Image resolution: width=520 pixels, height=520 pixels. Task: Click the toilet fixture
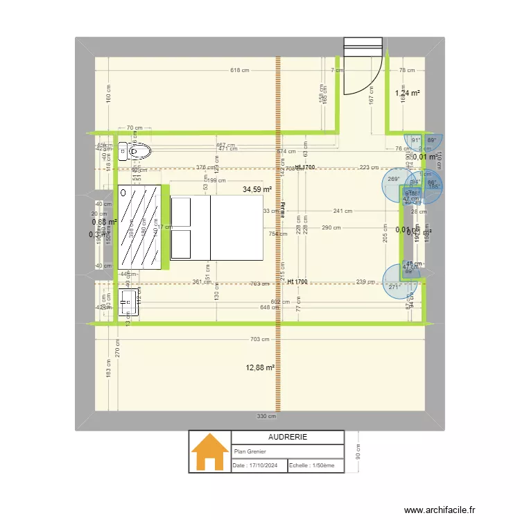(134, 150)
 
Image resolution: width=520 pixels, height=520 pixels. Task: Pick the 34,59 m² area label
(257, 189)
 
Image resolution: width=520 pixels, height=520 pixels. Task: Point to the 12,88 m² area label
(260, 368)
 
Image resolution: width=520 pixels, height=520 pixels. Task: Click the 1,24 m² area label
(408, 93)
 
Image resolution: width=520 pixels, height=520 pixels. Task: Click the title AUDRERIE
(287, 437)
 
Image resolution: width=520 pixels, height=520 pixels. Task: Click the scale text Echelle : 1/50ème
(312, 466)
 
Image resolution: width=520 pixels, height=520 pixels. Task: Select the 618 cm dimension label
(239, 71)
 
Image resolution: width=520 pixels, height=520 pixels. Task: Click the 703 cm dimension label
(259, 339)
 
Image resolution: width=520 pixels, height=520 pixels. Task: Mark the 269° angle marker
(394, 180)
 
